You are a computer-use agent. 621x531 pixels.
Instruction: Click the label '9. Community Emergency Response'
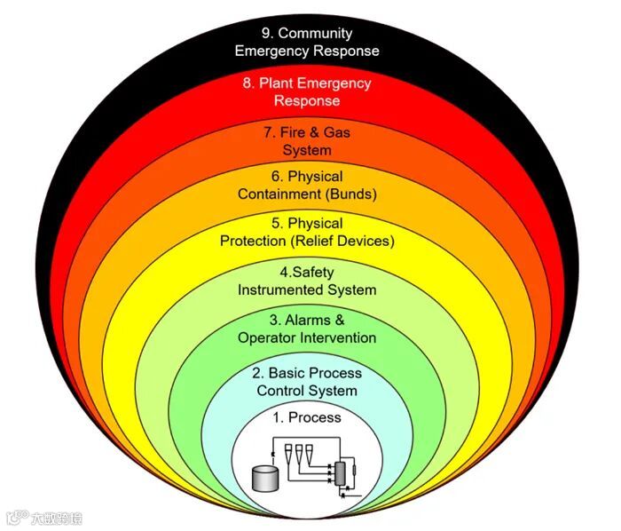(x=306, y=43)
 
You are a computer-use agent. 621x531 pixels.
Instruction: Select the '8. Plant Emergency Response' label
(x=306, y=92)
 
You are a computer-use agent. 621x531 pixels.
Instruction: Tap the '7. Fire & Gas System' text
(x=307, y=141)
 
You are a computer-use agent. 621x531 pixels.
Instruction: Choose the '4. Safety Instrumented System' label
(x=307, y=281)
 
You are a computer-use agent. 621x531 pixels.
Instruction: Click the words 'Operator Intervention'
(x=307, y=337)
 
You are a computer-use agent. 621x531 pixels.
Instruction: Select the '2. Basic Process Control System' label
(x=307, y=382)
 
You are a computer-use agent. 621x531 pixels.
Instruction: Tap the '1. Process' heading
(x=306, y=417)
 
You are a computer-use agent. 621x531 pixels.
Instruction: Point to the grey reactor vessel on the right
(x=338, y=472)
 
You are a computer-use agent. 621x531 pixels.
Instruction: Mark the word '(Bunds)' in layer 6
(x=351, y=194)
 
